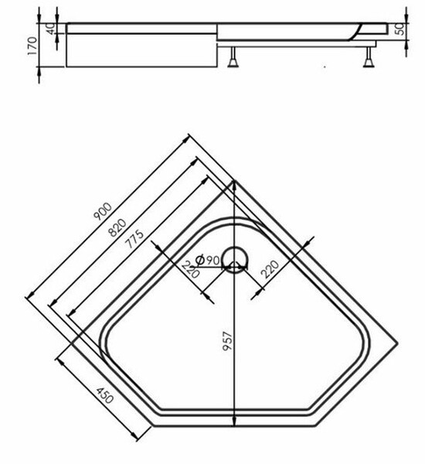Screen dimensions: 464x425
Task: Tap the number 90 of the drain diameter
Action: [214, 259]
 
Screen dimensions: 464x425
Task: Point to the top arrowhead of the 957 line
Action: [233, 183]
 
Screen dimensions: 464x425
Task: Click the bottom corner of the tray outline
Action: [233, 427]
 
